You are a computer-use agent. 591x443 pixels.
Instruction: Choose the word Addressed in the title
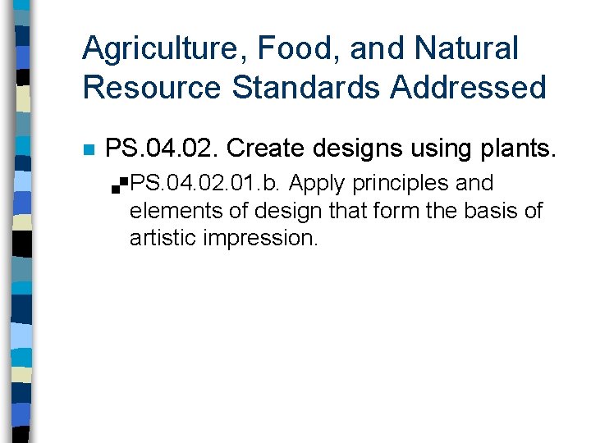469,87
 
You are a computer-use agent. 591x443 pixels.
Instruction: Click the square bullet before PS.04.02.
89,150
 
